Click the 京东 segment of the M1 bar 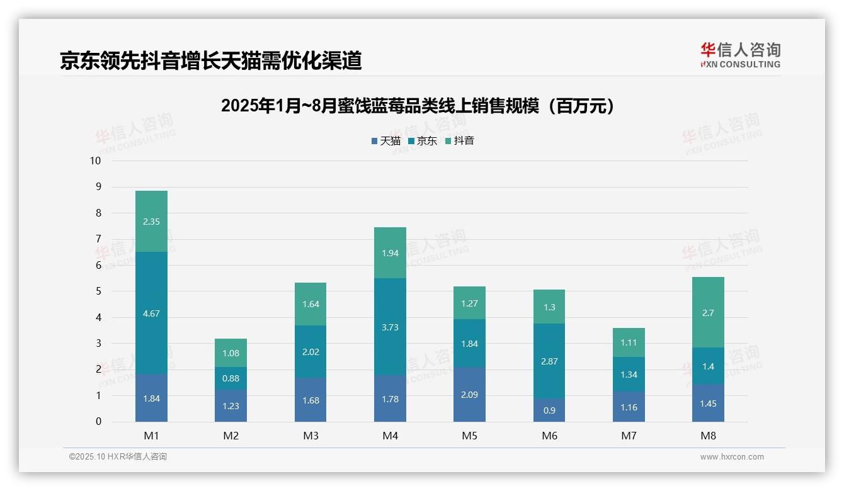pos(151,313)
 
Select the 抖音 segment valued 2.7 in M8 pos(708,312)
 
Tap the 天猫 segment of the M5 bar pos(469,394)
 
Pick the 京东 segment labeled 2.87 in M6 pos(549,361)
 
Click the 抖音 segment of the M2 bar pos(231,353)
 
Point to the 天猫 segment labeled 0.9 pos(549,410)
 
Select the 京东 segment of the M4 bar pos(390,327)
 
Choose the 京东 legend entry pos(423,141)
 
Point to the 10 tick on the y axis pos(95,161)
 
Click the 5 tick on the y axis pos(98,291)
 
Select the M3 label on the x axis pos(311,436)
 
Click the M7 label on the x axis pos(629,436)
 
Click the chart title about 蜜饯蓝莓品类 pos(417,106)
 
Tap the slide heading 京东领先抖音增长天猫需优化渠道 pos(210,60)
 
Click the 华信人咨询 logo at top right pos(740,55)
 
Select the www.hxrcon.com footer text pos(732,457)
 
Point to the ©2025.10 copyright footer pos(118,457)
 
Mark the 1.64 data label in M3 pos(311,304)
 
